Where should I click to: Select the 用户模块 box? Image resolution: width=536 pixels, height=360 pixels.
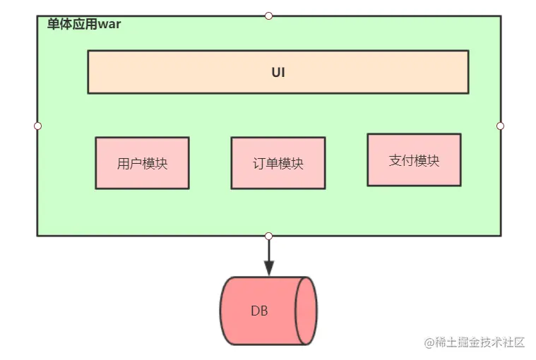click(142, 163)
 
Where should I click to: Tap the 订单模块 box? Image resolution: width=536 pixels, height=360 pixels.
click(278, 163)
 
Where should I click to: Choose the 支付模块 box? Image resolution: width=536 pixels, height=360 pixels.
click(414, 160)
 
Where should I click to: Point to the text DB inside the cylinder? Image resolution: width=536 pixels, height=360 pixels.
click(259, 311)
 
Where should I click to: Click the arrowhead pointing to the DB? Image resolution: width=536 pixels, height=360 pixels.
click(268, 268)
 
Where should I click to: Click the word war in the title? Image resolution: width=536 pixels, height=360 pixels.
click(110, 25)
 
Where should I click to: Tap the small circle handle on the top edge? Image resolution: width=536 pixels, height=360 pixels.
click(268, 16)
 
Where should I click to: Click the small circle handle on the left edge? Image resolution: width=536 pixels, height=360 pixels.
click(37, 126)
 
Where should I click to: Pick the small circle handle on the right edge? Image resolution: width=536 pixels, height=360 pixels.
click(500, 126)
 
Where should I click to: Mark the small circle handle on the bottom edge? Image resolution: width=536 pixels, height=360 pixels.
click(268, 236)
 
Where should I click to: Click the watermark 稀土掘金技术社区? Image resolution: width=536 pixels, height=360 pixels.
click(480, 342)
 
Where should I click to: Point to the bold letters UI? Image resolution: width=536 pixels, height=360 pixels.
click(278, 72)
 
